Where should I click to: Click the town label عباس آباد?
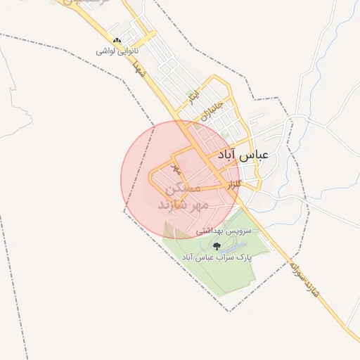(x=243, y=154)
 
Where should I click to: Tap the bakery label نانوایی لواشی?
(x=118, y=51)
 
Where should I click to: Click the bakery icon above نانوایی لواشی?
(x=117, y=41)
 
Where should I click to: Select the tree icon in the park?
(x=216, y=246)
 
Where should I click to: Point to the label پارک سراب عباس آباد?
(x=216, y=257)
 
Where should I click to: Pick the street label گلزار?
(x=234, y=184)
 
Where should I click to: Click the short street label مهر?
(x=176, y=169)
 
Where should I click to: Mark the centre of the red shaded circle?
(x=181, y=179)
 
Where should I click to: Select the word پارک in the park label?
(x=242, y=257)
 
